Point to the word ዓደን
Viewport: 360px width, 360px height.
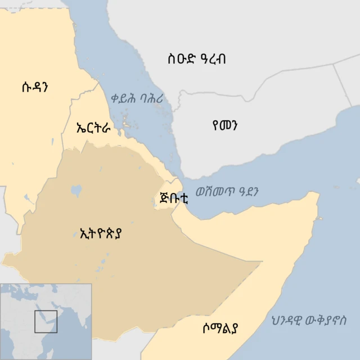click(x=250, y=191)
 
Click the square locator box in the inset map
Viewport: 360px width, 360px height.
click(x=46, y=321)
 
